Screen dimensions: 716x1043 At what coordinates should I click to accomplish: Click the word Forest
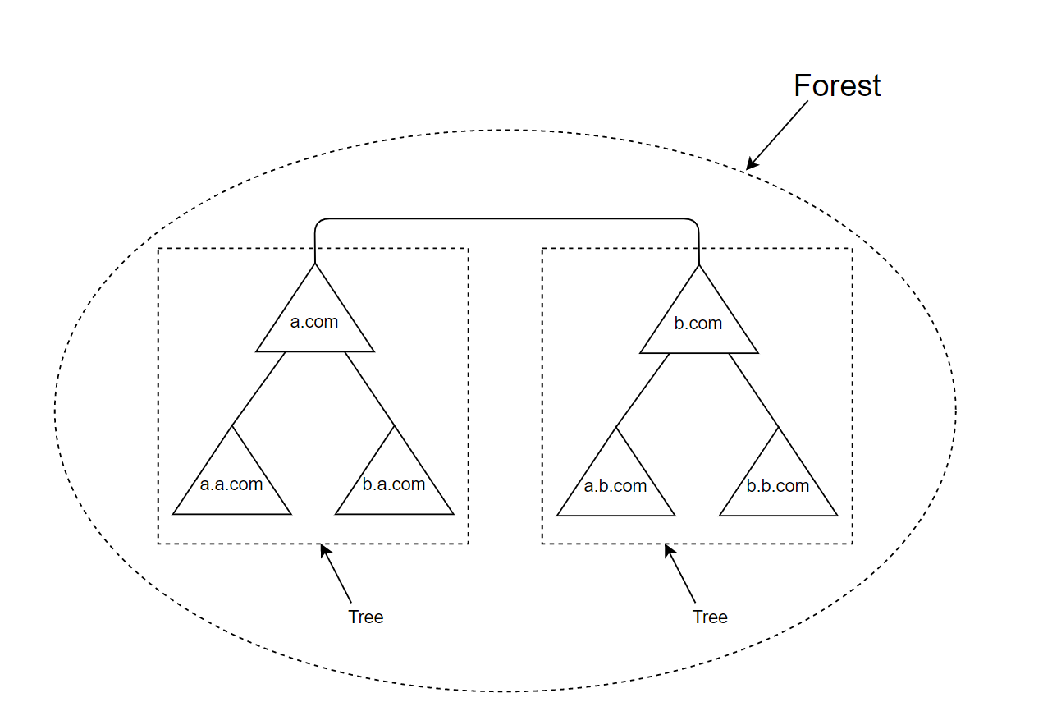[837, 85]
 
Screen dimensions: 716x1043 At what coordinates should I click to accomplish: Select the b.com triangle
[698, 327]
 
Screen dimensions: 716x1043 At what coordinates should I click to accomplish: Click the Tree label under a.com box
[365, 617]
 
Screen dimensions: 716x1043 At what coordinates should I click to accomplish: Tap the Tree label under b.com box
[710, 617]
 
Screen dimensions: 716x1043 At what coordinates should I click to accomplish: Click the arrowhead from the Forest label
[750, 165]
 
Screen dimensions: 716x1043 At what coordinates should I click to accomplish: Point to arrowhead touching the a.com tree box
[324, 548]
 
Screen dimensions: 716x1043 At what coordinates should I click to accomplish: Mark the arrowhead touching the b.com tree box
[669, 548]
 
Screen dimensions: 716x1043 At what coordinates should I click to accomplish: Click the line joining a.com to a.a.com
[258, 389]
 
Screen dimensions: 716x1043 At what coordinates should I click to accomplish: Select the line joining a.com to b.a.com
[369, 389]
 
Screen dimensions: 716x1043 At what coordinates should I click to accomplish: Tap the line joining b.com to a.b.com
[643, 389]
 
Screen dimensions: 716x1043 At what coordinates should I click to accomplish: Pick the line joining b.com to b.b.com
[753, 389]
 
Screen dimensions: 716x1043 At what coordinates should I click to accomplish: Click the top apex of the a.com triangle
[315, 266]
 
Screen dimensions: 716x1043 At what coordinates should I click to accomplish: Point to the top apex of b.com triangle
[699, 266]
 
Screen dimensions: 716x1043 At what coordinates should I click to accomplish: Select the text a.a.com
[231, 484]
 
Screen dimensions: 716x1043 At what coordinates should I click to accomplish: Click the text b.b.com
[778, 486]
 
